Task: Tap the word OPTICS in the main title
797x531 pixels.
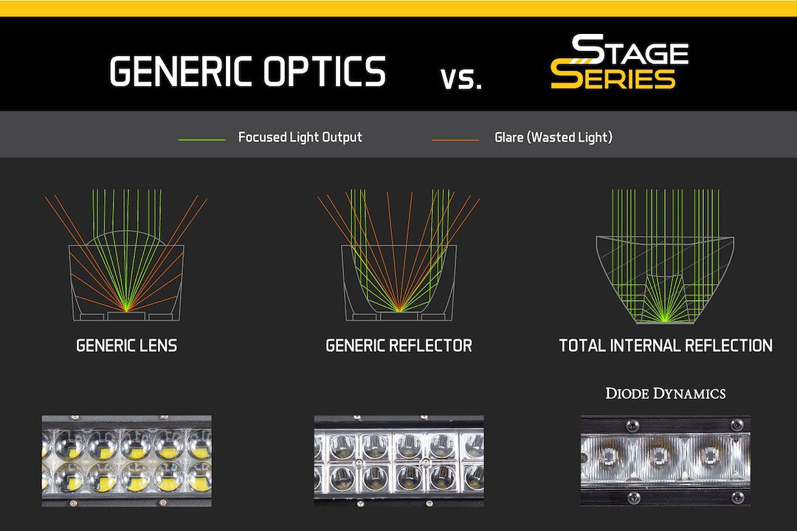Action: (325, 71)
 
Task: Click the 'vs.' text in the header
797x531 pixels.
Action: (461, 79)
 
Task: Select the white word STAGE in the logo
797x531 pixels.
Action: (630, 51)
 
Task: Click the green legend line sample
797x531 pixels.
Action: (201, 139)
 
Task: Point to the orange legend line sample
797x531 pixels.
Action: (455, 139)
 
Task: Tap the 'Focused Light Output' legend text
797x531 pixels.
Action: (300, 137)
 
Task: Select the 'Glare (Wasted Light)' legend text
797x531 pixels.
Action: (553, 137)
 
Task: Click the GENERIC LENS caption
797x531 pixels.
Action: (127, 346)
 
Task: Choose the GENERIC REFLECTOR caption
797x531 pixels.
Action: (399, 346)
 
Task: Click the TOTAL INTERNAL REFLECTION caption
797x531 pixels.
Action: (666, 346)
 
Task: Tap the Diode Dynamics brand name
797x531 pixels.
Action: (666, 393)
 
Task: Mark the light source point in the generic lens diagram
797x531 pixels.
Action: (127, 310)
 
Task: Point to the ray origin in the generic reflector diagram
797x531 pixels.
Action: (399, 310)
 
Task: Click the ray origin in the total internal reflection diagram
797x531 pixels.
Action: (664, 319)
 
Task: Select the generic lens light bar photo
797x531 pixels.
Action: (127, 461)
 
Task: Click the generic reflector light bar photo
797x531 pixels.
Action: (399, 461)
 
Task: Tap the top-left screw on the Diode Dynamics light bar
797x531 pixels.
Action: (631, 425)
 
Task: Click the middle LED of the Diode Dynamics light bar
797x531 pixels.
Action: (659, 456)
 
